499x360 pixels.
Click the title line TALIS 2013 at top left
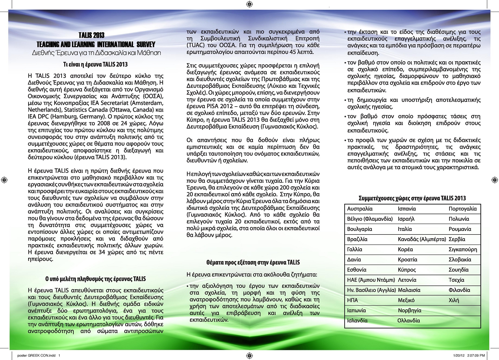[x=91, y=35]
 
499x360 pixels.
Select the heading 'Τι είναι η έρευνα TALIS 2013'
[x=95, y=65]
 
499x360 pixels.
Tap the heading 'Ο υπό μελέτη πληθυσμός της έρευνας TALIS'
[x=95, y=279]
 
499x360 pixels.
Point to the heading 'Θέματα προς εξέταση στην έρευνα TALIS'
[x=253, y=262]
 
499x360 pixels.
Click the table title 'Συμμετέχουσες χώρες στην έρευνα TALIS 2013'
[x=412, y=198]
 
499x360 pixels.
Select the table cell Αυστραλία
[x=360, y=209]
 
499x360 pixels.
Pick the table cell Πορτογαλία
[x=462, y=209]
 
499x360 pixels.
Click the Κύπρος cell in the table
[x=407, y=270]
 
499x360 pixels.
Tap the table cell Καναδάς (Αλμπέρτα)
[x=422, y=239]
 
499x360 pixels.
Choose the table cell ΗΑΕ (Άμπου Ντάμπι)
[x=371, y=280]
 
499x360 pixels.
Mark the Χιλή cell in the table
[x=454, y=300]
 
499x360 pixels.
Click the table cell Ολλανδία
[x=409, y=320]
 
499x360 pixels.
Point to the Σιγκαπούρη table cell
[x=463, y=249]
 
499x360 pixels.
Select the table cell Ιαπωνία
[x=357, y=310]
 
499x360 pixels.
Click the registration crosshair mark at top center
[x=249, y=4]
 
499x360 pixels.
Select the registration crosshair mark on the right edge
[x=494, y=179]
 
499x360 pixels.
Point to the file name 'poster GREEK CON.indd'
[x=36, y=355]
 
